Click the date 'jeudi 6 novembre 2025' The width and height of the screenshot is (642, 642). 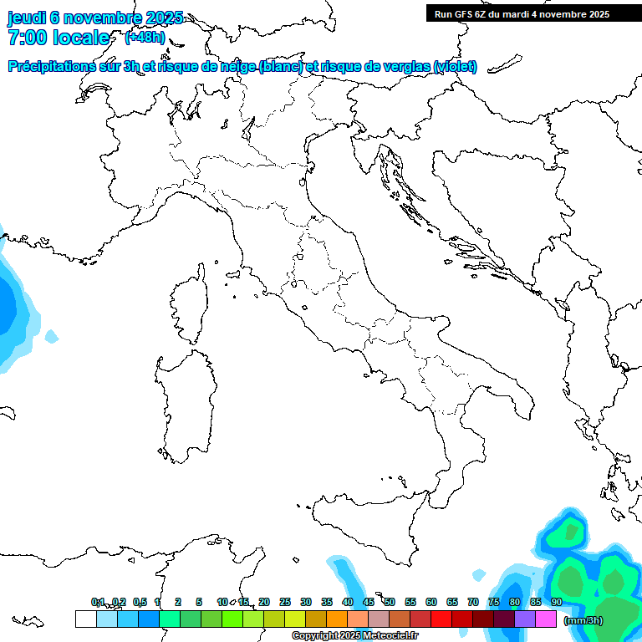coord(94,18)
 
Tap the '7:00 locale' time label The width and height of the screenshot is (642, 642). coord(59,38)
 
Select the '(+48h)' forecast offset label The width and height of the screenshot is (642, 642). coord(145,38)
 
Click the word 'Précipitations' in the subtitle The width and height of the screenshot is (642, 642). coord(50,66)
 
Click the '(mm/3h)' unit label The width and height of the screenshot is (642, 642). coord(583,620)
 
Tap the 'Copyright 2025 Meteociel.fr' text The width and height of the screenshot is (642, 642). coord(355,636)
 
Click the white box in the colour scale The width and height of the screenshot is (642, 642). coord(85,619)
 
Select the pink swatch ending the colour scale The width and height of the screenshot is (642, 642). coord(546,619)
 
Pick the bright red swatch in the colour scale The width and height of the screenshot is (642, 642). coord(441,619)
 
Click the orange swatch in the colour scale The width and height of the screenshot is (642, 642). coord(337,619)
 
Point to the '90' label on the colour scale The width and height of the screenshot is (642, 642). coord(557,602)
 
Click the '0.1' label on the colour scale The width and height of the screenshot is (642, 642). coord(98,602)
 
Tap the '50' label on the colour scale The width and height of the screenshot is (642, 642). coord(390,602)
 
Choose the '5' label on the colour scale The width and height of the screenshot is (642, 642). coord(199,602)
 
